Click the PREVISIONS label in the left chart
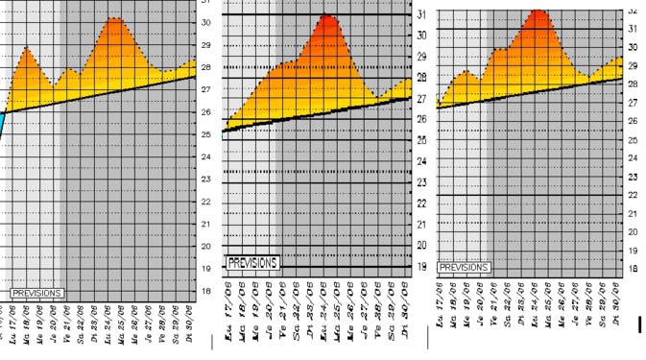pyautogui.click(x=37, y=292)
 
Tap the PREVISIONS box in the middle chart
pyautogui.click(x=252, y=262)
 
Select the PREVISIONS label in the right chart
pyautogui.click(x=464, y=267)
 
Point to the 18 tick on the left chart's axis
pyautogui.click(x=205, y=292)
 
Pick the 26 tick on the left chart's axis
pyautogui.click(x=205, y=112)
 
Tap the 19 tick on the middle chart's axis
pyautogui.click(x=423, y=267)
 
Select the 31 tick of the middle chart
pyautogui.click(x=423, y=13)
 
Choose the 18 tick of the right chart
pyautogui.click(x=633, y=269)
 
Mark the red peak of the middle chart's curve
pyautogui.click(x=327, y=17)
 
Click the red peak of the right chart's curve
pyautogui.click(x=537, y=12)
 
